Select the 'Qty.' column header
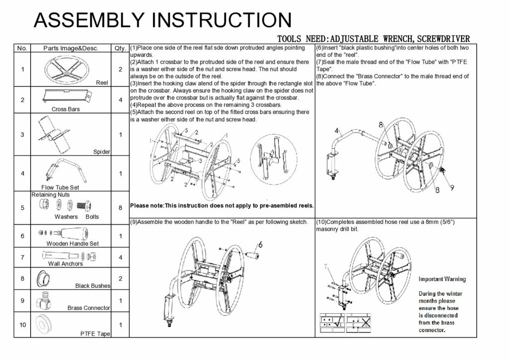(x=120, y=48)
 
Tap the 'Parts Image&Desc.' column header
(x=71, y=48)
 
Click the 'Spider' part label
(x=101, y=152)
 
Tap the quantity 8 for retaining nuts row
(x=120, y=208)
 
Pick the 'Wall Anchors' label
(x=65, y=264)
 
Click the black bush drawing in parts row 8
(x=44, y=278)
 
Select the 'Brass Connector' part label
(x=88, y=308)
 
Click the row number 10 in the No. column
(x=22, y=325)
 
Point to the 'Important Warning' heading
(x=442, y=279)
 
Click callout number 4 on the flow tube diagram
(x=337, y=131)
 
